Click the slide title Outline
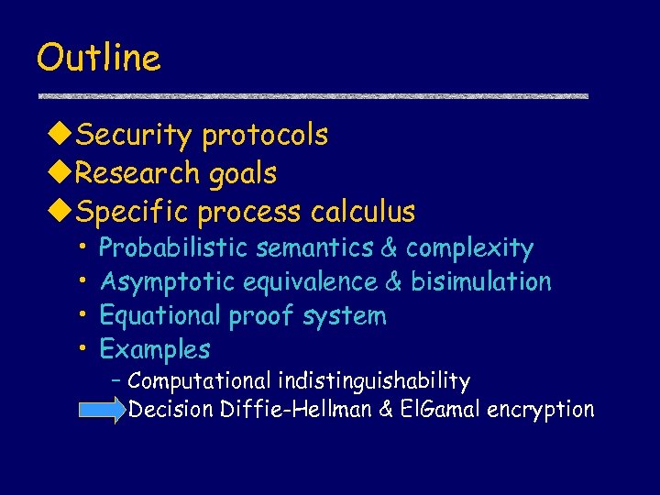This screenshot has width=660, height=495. [98, 57]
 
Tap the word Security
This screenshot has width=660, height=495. [134, 135]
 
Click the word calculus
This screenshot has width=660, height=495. [363, 212]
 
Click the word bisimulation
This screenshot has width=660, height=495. [481, 281]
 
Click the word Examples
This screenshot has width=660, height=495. [155, 349]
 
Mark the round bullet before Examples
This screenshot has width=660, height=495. [82, 349]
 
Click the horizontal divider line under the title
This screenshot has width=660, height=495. [313, 95]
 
